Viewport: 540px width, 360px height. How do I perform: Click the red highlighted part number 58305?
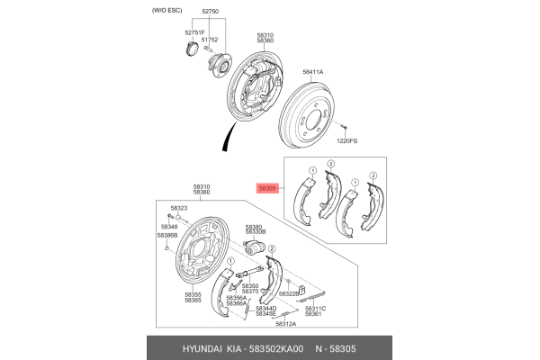269,189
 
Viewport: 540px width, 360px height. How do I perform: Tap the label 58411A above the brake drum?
312,71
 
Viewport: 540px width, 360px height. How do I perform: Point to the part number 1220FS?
347,140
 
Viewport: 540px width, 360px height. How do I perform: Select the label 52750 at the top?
210,11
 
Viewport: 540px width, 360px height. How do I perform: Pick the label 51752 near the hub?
210,40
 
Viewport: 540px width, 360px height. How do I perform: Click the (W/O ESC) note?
158,11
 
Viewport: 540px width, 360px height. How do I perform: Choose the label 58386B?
166,235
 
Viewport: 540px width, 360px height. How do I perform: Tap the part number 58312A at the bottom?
285,324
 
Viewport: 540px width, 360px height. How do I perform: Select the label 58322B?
288,293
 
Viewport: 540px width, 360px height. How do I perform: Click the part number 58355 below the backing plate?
193,293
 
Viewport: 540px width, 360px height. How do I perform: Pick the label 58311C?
315,308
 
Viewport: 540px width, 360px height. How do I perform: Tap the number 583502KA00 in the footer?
274,347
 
